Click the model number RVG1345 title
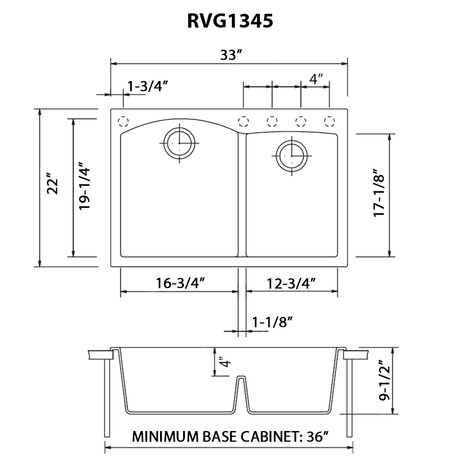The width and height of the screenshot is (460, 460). tap(230, 21)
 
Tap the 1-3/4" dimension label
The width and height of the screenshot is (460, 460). tap(148, 86)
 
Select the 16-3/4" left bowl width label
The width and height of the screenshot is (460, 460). tap(180, 283)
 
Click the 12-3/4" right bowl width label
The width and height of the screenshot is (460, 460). tap(291, 283)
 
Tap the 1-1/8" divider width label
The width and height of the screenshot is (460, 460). tap(273, 322)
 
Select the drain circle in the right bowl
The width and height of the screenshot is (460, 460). tap(291, 155)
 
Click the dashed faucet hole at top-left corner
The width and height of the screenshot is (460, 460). tap(123, 121)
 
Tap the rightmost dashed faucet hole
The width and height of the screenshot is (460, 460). tap(329, 121)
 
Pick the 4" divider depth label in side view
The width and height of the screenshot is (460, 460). tap(224, 362)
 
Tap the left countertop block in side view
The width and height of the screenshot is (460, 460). tap(100, 355)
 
